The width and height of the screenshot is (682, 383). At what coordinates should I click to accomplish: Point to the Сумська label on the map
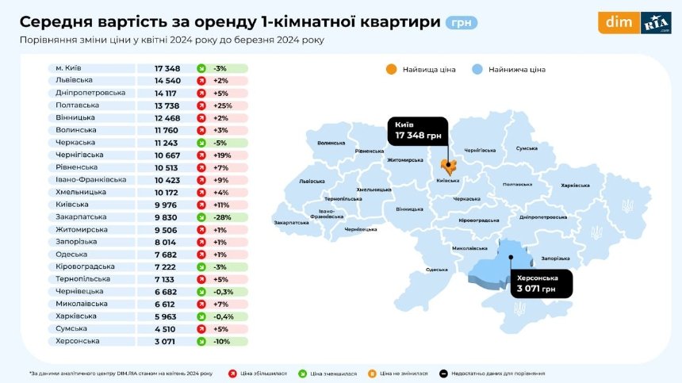coord(527,148)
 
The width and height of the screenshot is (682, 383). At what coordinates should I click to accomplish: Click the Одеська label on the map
coord(436,270)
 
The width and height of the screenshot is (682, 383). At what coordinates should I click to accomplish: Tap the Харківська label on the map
coord(575,185)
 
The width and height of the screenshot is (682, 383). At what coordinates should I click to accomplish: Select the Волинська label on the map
coord(331,144)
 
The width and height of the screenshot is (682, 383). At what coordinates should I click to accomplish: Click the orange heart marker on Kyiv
coord(448,167)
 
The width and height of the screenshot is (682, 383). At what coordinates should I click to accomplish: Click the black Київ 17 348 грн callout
coord(418,132)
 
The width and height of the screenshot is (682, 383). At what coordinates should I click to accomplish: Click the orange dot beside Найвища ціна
coord(391,69)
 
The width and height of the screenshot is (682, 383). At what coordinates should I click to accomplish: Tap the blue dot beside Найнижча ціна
coord(477,69)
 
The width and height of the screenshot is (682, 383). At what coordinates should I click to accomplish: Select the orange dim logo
coord(619,22)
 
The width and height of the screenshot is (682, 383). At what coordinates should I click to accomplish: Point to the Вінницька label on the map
coord(409,209)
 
